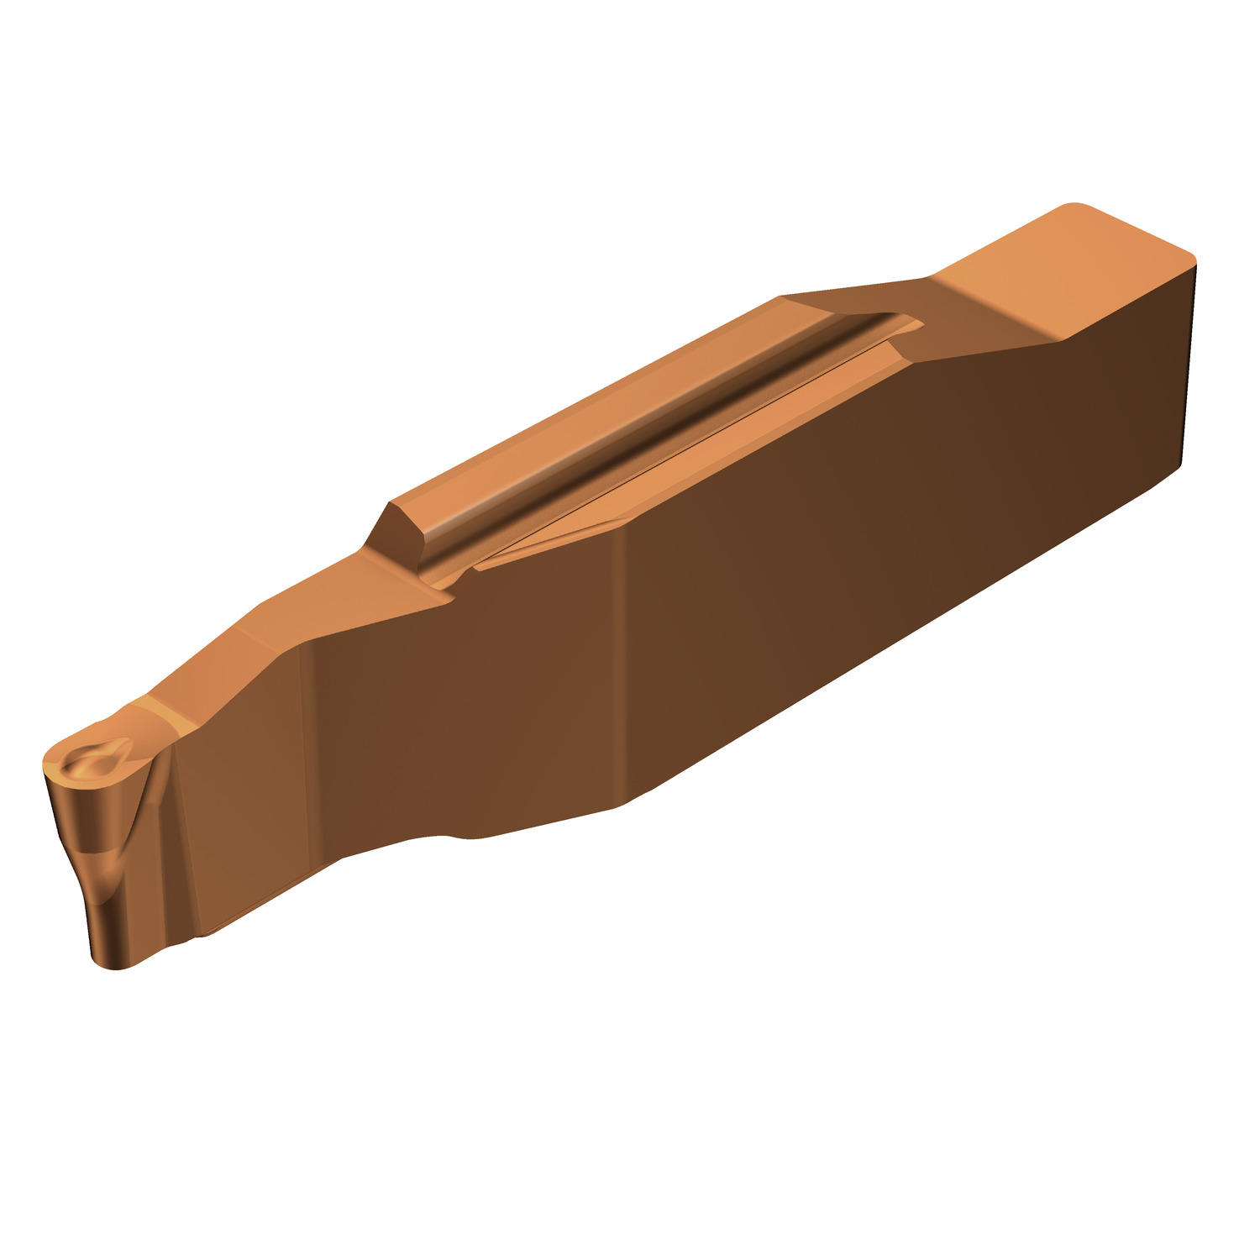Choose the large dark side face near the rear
[924, 504]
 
